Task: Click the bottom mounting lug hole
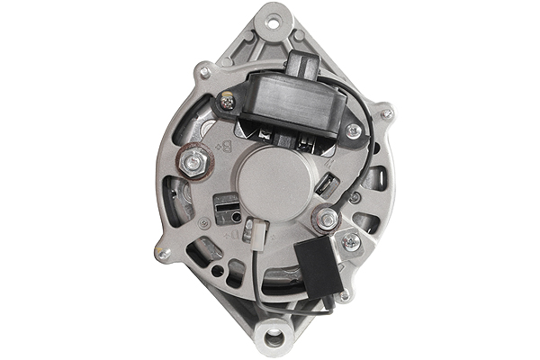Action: (273, 339)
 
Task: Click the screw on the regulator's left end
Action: (228, 103)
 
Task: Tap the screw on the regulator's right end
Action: (354, 131)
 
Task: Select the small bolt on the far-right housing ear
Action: (386, 114)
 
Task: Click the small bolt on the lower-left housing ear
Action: (162, 255)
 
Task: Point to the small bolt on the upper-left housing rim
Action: (205, 72)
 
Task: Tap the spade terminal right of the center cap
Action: (327, 185)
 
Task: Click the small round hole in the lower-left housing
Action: (217, 270)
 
